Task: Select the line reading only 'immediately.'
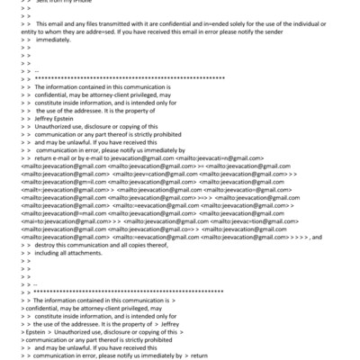pos(54,40)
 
